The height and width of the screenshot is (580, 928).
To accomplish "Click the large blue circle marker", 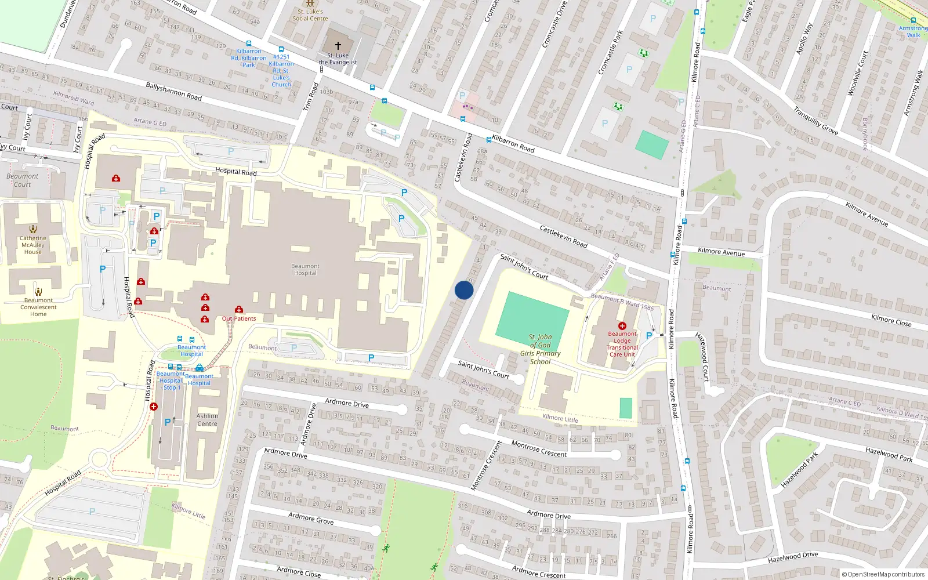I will pos(464,290).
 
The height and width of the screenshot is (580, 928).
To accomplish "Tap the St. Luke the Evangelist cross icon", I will pos(338,45).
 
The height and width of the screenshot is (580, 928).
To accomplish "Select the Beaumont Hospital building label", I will pos(305,270).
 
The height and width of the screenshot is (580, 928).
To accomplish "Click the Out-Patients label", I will pos(239,318).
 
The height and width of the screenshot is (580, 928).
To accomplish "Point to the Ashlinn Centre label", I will pos(207,420).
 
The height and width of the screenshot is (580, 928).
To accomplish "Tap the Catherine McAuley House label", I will pos(33,245).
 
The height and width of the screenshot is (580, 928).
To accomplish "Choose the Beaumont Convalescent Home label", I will pos(38,307).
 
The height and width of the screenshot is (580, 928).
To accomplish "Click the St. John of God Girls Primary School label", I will pos(540,349).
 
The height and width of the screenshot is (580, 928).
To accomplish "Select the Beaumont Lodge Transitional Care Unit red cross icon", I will pos(622,326).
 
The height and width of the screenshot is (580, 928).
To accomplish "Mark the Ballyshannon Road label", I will pos(173,91).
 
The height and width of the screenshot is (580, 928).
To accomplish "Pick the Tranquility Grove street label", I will pos(815,121).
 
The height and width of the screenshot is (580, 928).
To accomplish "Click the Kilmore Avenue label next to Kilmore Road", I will pos(721,252).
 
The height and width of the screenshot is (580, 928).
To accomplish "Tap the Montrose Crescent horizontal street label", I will pos(539,449).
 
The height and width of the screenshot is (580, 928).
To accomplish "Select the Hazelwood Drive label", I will pos(792,557).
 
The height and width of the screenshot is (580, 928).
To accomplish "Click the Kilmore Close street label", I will pos(891,320).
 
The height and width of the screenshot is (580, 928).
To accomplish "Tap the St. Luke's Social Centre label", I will pos(310,15).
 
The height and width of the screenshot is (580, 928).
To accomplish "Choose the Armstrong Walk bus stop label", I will pos(913,31).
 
